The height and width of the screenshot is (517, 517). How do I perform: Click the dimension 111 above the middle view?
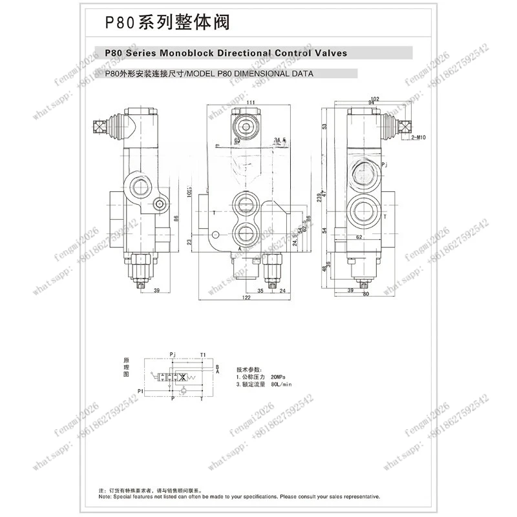[x=250, y=103]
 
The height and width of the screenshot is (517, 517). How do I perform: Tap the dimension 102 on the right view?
[x=375, y=98]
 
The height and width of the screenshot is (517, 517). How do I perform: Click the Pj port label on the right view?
[x=385, y=165]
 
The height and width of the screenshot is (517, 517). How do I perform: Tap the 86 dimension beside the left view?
[x=176, y=218]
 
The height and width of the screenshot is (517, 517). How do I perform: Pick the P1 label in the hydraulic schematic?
[x=140, y=392]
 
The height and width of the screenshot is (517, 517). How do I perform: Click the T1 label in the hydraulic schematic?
[x=203, y=355]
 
